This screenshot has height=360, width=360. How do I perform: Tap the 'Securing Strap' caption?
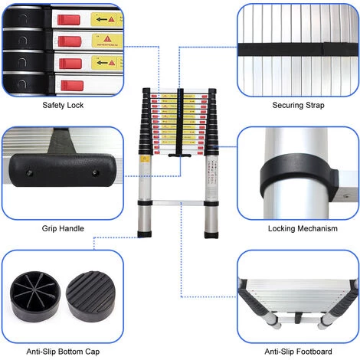point(299,106)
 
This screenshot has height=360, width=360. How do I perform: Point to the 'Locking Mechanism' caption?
point(298,227)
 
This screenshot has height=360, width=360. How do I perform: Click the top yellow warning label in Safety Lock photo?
point(105,18)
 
